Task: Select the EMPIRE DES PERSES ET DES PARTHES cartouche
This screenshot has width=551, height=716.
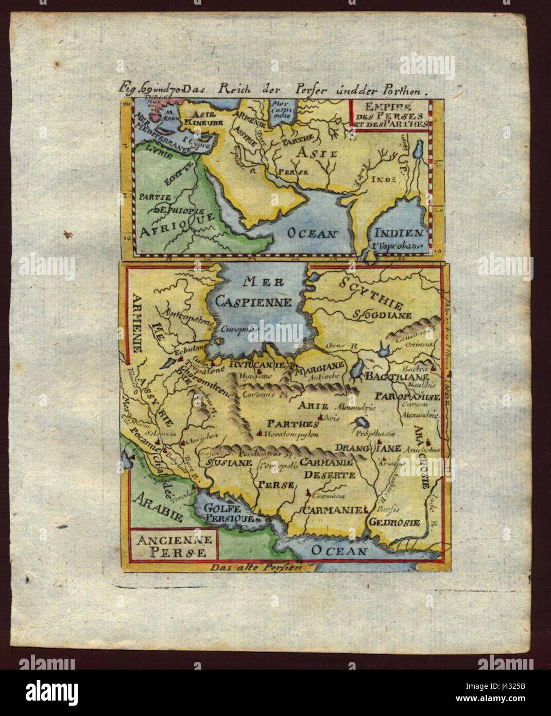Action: tap(390, 115)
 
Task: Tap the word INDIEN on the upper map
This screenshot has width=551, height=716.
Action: tap(399, 233)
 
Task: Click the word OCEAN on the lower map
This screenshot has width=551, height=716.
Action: tap(339, 551)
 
